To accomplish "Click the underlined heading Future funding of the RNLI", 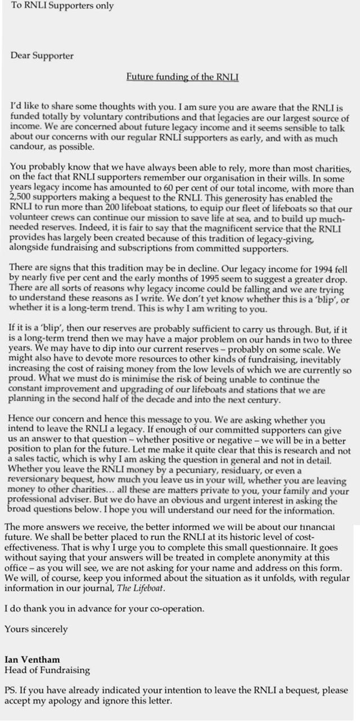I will pos(182,76).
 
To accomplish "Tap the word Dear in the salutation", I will pos(20,56).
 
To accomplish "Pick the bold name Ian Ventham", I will pos(32,659).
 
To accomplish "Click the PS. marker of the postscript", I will pos(11,690).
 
